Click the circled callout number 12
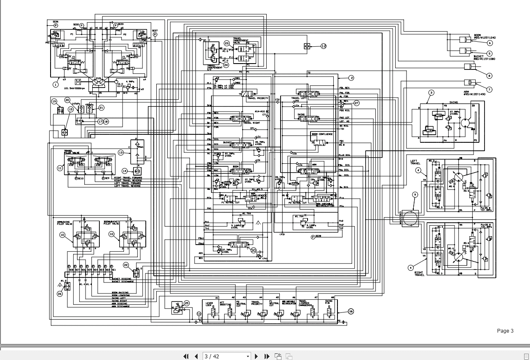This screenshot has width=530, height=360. point(324,46)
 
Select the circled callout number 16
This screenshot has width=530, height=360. point(351,312)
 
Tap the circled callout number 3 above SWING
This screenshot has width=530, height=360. point(431,93)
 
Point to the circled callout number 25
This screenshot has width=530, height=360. point(187,303)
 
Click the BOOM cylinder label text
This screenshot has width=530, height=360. point(477,35)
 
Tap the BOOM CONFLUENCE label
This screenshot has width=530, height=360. point(322,134)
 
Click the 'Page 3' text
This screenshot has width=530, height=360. point(505,331)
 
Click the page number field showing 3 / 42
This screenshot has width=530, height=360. point(226,356)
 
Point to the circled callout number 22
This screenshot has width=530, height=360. point(126,265)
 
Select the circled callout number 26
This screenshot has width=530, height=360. point(60,294)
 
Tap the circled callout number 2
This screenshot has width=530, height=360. point(351,77)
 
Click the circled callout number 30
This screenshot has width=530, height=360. point(253,250)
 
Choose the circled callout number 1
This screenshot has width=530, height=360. point(55,84)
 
